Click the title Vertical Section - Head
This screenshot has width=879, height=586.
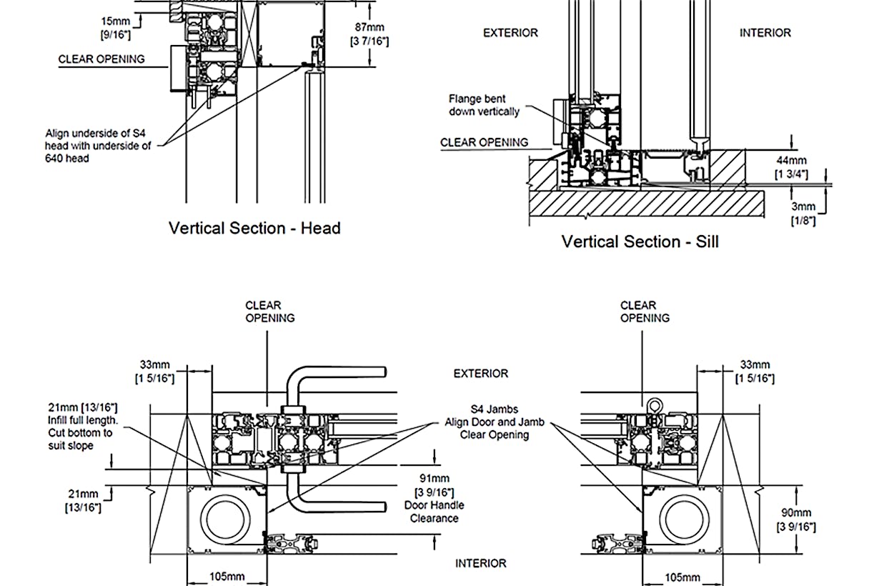pyautogui.click(x=254, y=228)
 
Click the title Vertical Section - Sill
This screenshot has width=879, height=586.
pyautogui.click(x=640, y=242)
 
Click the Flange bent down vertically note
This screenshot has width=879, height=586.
pyautogui.click(x=484, y=105)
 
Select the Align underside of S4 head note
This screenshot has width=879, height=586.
pyautogui.click(x=98, y=146)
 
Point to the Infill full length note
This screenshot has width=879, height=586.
pyautogui.click(x=83, y=426)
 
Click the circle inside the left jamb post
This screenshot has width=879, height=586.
pyautogui.click(x=225, y=520)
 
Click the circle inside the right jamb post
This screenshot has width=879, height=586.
pyautogui.click(x=684, y=520)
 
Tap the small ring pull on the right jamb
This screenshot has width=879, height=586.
pyautogui.click(x=655, y=405)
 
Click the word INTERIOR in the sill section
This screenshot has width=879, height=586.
pyautogui.click(x=765, y=33)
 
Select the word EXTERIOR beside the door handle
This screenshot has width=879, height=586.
pyautogui.click(x=481, y=373)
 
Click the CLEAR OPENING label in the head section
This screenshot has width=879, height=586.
pyautogui.click(x=101, y=59)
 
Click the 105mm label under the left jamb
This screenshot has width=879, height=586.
pyautogui.click(x=227, y=577)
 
